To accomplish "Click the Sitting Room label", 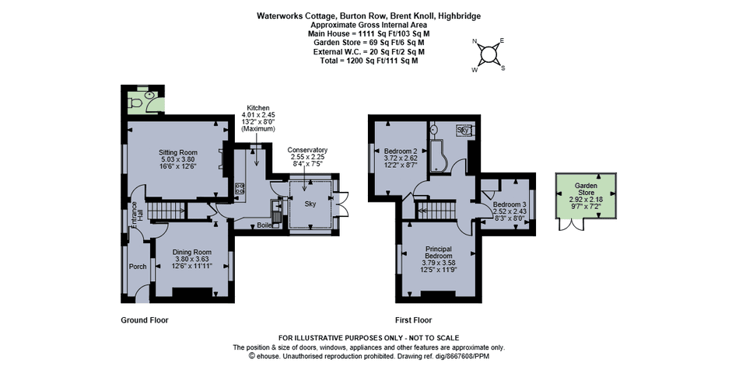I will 178,152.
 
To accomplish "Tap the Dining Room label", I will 191,252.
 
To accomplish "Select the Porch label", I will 138,267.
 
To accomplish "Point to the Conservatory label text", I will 307,150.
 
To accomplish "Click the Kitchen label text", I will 257,107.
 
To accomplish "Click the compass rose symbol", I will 489,54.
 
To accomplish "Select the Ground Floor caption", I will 145,320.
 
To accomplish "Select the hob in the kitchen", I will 241,188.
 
